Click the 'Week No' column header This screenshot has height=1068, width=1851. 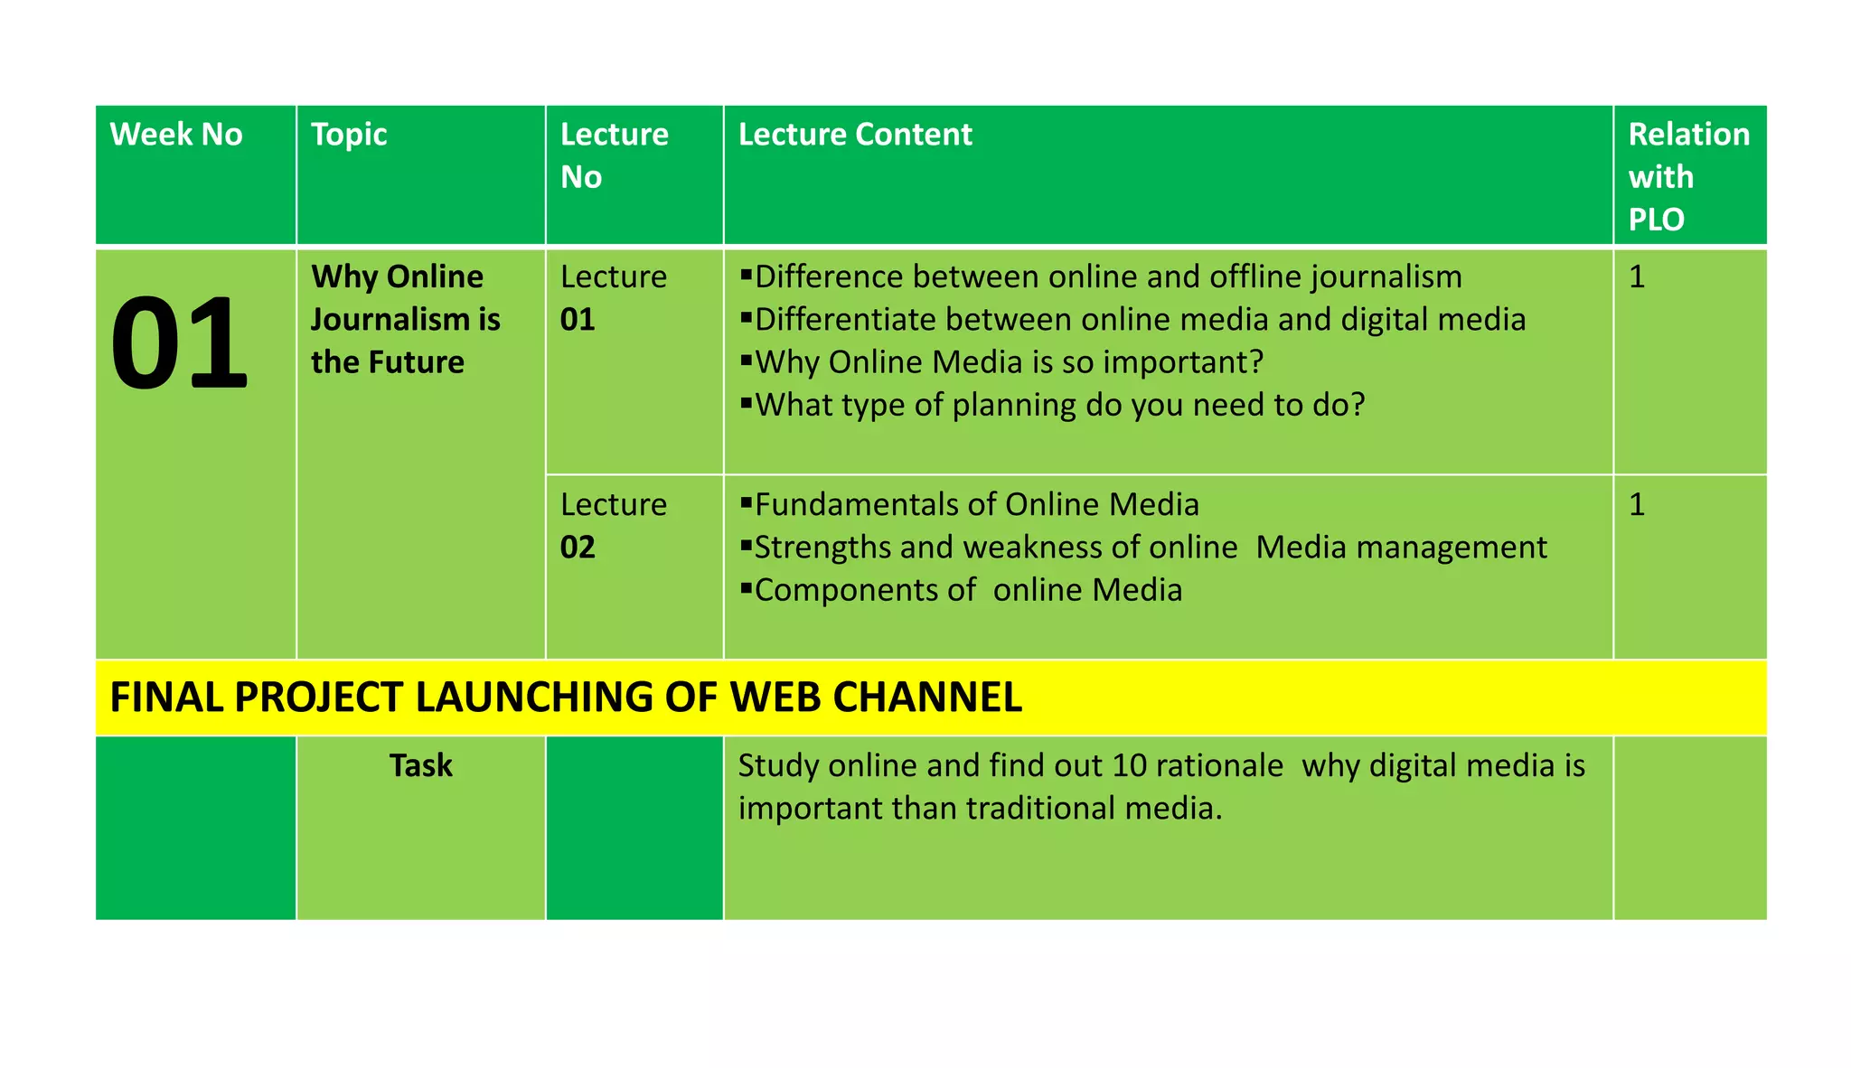tap(176, 135)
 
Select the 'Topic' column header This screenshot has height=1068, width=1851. tap(349, 135)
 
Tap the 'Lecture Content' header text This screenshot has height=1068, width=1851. tap(855, 135)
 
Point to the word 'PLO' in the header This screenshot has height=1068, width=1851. tap(1656, 220)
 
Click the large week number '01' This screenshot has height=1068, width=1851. tap(179, 344)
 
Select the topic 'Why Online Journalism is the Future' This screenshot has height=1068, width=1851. tap(405, 319)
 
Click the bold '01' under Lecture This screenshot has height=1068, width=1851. tap(578, 320)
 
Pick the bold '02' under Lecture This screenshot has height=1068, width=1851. tap(578, 548)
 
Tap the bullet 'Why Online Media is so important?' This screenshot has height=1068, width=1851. tap(1008, 362)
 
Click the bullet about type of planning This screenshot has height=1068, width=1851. tap(1058, 405)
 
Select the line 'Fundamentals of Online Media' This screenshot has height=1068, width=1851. tap(976, 504)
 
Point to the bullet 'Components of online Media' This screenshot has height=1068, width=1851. tap(967, 590)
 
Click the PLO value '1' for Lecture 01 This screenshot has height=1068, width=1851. tap(1637, 276)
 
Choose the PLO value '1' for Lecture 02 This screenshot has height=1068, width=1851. tap(1637, 504)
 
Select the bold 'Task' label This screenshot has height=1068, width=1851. tap(420, 765)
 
